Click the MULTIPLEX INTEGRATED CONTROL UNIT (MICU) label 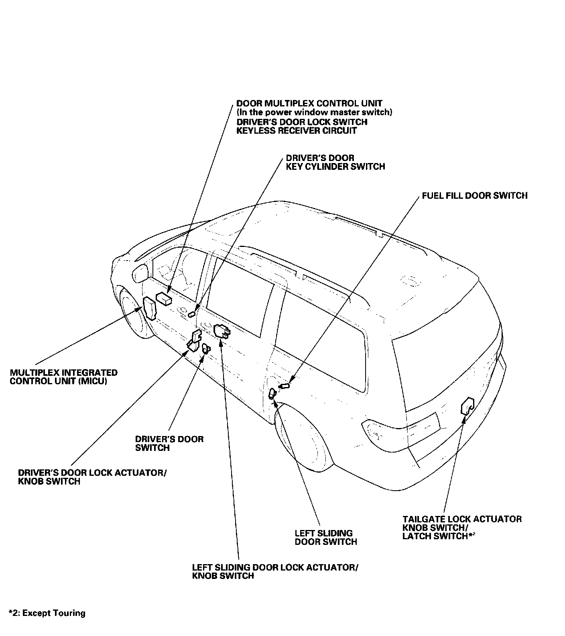pyautogui.click(x=63, y=377)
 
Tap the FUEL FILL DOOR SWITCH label pyautogui.click(x=474, y=196)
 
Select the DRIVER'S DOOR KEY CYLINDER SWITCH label pyautogui.click(x=335, y=162)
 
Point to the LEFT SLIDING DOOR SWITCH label pyautogui.click(x=326, y=537)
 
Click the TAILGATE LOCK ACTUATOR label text pyautogui.click(x=462, y=519)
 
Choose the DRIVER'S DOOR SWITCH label pyautogui.click(x=169, y=443)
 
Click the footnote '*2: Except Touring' pyautogui.click(x=47, y=613)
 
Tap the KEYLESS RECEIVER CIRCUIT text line pyautogui.click(x=296, y=130)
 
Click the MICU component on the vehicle pyautogui.click(x=150, y=308)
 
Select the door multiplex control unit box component pyautogui.click(x=164, y=298)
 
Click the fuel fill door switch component pyautogui.click(x=285, y=386)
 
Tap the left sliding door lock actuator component pyautogui.click(x=222, y=332)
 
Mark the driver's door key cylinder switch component pyautogui.click(x=192, y=314)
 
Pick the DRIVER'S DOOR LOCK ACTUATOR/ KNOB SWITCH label pyautogui.click(x=92, y=477)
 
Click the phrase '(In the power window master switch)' pyautogui.click(x=314, y=112)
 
